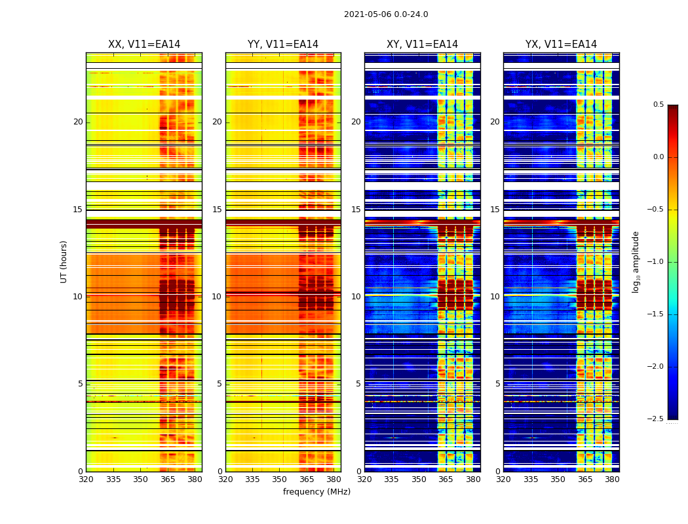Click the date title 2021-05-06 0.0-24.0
click(386, 14)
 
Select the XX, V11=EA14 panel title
click(144, 45)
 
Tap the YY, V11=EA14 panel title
click(283, 45)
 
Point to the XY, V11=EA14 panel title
click(422, 45)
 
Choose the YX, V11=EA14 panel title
click(561, 45)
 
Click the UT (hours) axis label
click(64, 261)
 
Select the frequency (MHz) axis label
click(316, 492)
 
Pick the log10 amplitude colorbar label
click(636, 261)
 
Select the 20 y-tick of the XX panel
click(78, 122)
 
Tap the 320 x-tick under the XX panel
click(86, 479)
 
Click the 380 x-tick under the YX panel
click(612, 479)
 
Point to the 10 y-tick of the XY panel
click(356, 297)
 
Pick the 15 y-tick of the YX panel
click(495, 210)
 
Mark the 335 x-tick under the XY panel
click(392, 479)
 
